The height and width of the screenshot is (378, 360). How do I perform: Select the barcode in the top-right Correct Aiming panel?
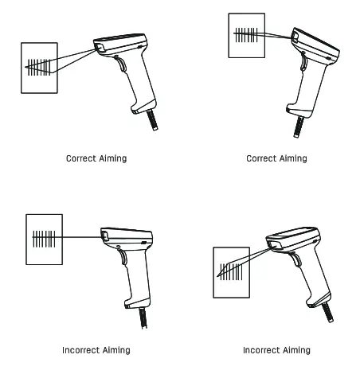coord(245,34)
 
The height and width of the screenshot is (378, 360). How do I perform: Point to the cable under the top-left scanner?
coord(151,119)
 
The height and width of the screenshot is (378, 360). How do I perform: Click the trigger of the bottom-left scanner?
coord(123,255)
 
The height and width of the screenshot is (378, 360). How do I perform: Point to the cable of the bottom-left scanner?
coord(143,318)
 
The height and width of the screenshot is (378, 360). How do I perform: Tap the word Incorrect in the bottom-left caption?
coord(80,350)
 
